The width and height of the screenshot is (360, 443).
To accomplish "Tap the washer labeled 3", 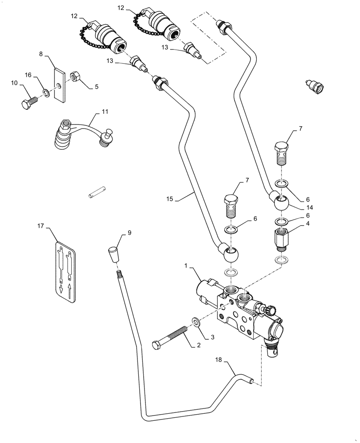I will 195,321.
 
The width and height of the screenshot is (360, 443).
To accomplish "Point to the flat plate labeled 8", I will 59,84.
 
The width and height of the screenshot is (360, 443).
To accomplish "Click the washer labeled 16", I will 46,92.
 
